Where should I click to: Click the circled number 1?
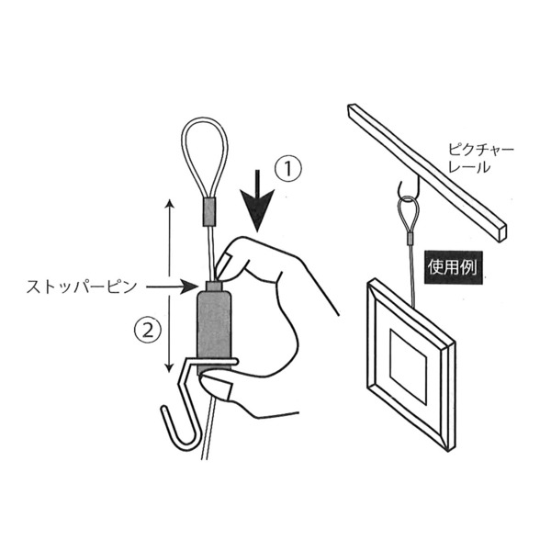288,169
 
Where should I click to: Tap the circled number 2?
148,331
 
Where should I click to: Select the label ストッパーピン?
82,287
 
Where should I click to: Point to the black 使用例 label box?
453,267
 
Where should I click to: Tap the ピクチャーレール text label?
480,159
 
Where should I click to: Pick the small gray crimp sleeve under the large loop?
209,211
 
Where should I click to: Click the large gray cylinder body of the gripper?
214,331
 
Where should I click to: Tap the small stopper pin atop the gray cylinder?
213,285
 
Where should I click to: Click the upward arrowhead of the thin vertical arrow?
170,205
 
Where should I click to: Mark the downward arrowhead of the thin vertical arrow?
169,367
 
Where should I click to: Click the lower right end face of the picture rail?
502,232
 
